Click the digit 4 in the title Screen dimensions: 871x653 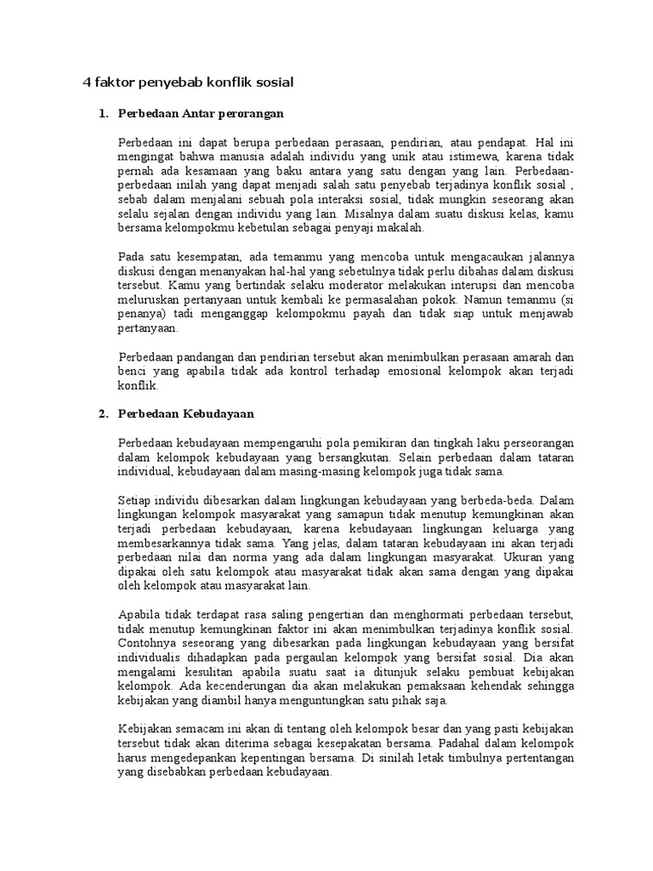coord(86,83)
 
